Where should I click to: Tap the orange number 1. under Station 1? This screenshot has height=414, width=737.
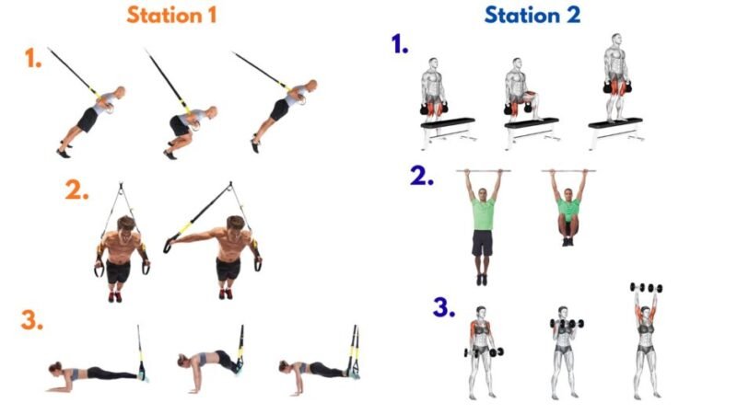click(33, 60)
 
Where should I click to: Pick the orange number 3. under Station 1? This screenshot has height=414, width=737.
click(33, 321)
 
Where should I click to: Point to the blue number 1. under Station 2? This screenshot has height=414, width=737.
click(401, 44)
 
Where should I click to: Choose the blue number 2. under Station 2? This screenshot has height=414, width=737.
click(423, 177)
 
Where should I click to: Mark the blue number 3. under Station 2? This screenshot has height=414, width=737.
click(445, 306)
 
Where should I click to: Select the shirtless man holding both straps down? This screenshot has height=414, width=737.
click(122, 253)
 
